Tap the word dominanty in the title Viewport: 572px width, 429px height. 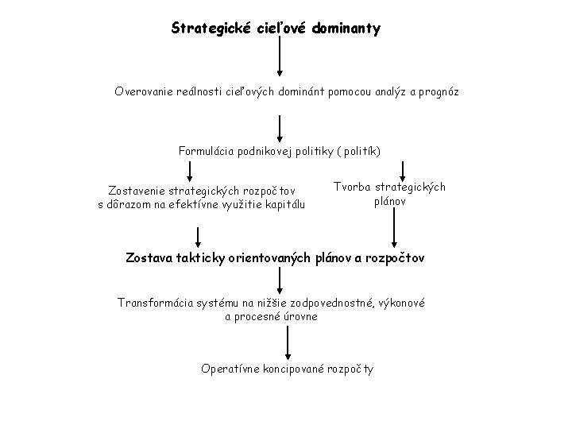346,29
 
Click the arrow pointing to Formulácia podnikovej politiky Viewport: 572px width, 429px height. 280,127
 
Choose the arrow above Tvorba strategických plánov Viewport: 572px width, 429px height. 404,170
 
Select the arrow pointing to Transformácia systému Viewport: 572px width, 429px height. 280,279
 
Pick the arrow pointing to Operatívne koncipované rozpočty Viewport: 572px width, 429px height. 288,344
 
